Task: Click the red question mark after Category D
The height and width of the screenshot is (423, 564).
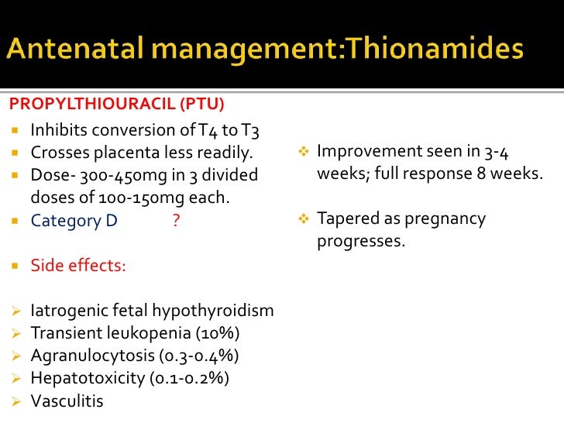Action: coord(177,221)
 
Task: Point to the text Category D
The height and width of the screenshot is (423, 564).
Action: coord(74,221)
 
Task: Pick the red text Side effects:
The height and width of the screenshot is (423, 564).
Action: coord(78,266)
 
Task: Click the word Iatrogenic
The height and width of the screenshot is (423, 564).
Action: coord(68,311)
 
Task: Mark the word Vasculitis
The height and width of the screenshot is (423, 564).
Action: coord(67,401)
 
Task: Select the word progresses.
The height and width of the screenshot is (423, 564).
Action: coord(360,242)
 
